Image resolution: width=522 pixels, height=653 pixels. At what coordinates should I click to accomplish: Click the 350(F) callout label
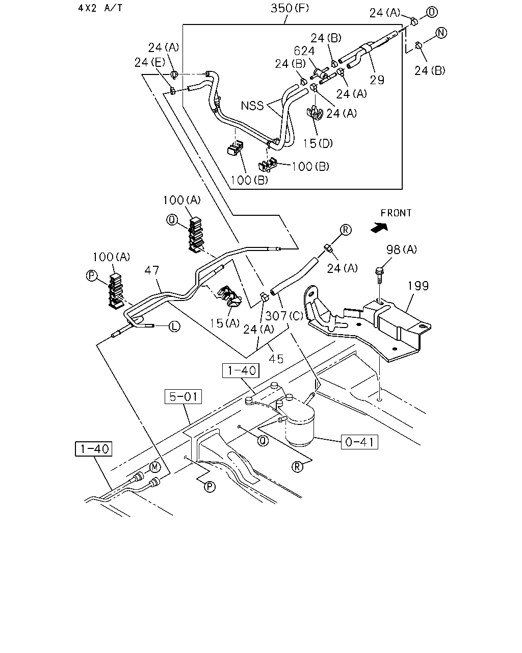290,9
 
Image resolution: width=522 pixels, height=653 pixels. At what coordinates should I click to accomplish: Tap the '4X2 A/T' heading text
100,8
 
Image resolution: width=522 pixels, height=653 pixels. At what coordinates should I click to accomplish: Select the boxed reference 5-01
183,396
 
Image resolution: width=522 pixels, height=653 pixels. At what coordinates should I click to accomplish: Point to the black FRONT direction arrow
379,228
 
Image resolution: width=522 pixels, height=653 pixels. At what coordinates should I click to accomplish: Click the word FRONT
396,213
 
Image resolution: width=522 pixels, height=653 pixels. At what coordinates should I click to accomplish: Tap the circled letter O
432,12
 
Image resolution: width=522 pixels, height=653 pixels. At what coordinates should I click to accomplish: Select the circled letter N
441,33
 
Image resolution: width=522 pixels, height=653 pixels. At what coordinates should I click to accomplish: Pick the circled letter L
174,326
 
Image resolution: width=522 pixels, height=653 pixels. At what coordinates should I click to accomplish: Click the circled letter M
155,467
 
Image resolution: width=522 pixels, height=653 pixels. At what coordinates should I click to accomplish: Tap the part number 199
418,286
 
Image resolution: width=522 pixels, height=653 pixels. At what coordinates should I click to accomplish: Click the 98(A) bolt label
402,249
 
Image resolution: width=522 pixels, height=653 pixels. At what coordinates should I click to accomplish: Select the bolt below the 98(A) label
380,274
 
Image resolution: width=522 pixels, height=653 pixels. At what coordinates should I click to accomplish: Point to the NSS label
252,106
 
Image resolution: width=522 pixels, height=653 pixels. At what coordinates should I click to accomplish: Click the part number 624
304,51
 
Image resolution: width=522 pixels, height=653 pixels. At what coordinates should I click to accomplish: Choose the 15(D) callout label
318,143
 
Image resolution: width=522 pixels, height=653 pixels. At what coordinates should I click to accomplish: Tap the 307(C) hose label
284,316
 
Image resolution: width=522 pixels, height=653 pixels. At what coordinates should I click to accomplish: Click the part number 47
152,270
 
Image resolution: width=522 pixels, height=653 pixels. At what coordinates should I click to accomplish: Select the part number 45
276,359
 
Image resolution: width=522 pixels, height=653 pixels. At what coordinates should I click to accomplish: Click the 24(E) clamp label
150,63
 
